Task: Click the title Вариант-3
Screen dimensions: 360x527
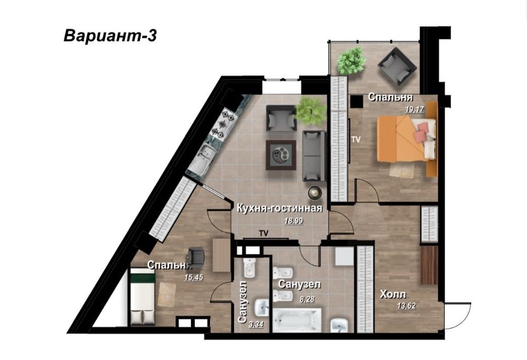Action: [110, 36]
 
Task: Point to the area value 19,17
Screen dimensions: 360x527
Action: [415, 109]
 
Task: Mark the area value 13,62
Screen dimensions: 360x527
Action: [406, 306]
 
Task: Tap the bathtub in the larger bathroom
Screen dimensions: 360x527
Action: [296, 320]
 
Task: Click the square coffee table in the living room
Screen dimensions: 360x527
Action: [281, 156]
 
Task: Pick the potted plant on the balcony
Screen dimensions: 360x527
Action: [350, 60]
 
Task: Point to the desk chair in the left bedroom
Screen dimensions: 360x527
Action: [196, 256]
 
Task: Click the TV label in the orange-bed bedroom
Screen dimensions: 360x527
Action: [356, 140]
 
